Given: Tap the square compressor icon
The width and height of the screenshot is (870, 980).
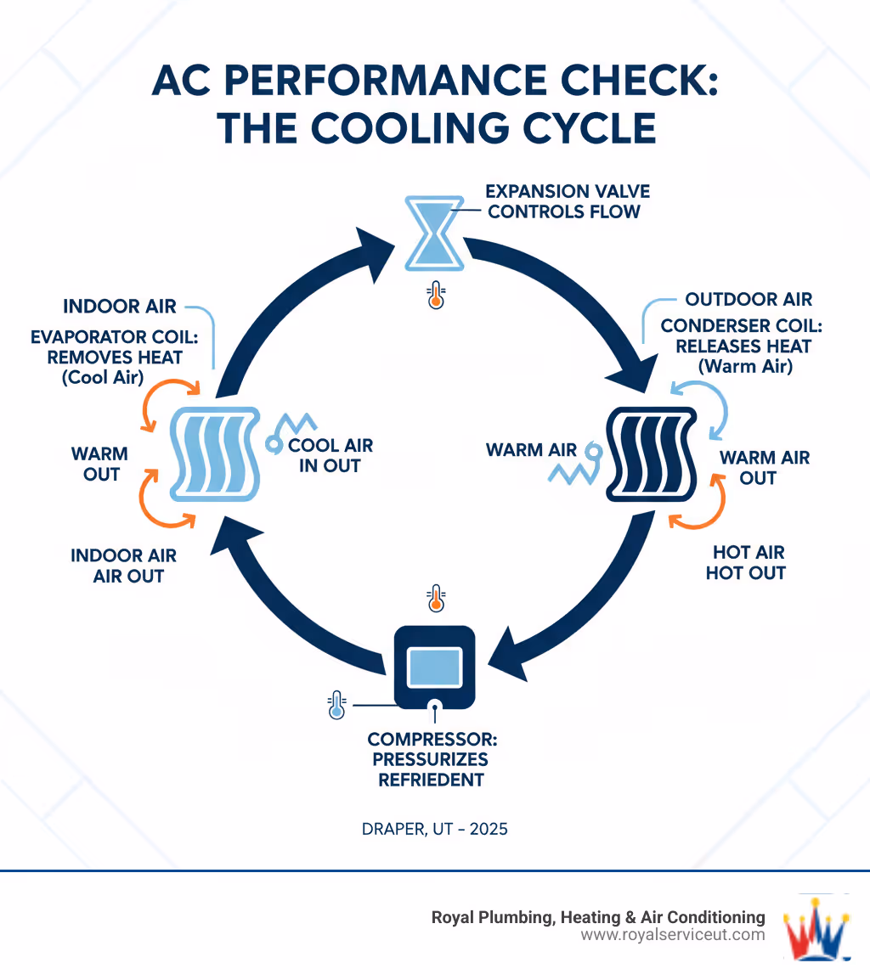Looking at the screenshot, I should [x=435, y=667].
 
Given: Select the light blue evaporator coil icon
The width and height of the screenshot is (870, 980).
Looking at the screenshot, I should [x=213, y=453].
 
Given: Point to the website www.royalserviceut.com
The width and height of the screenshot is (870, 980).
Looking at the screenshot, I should [x=673, y=935].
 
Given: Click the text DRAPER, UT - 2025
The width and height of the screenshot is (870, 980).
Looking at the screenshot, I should [x=435, y=828].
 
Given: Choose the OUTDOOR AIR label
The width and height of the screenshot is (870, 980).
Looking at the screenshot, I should [x=749, y=299].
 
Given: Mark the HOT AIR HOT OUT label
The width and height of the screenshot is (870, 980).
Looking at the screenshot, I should [x=746, y=562].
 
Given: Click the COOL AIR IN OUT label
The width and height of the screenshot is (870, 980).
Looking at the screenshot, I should [x=330, y=455].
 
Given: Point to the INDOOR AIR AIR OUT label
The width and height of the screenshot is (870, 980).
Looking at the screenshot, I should [x=124, y=566].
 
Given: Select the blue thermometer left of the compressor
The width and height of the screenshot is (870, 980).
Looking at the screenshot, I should [x=336, y=706].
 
